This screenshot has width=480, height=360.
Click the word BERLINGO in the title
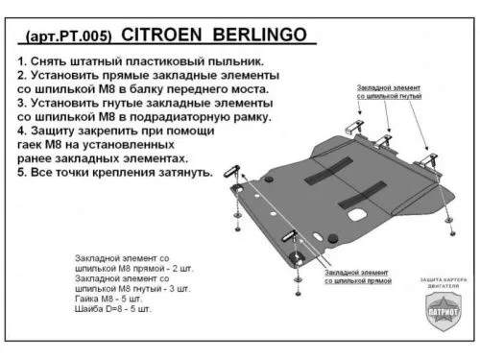point(263,36)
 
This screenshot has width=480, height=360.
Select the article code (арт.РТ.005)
point(66,36)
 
